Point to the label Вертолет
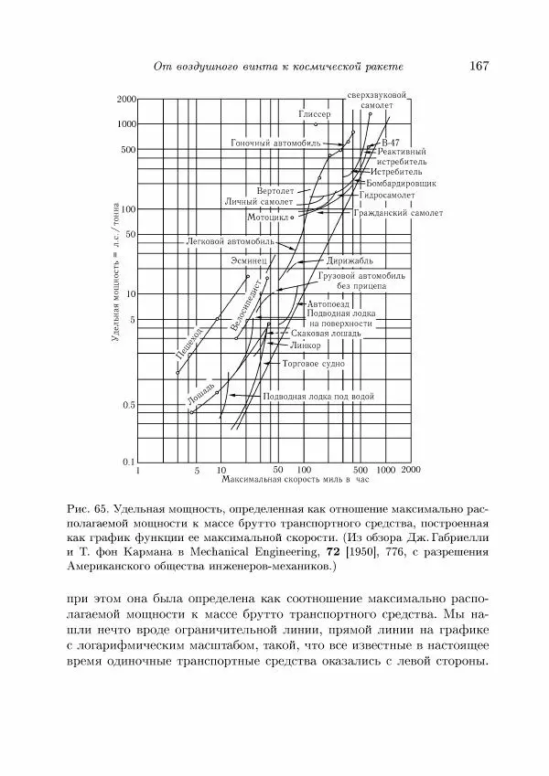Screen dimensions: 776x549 [275, 191]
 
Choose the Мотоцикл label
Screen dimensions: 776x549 [267, 218]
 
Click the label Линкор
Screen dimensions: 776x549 [304, 347]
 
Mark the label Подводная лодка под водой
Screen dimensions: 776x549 [318, 398]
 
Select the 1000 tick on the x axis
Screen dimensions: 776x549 [385, 469]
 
